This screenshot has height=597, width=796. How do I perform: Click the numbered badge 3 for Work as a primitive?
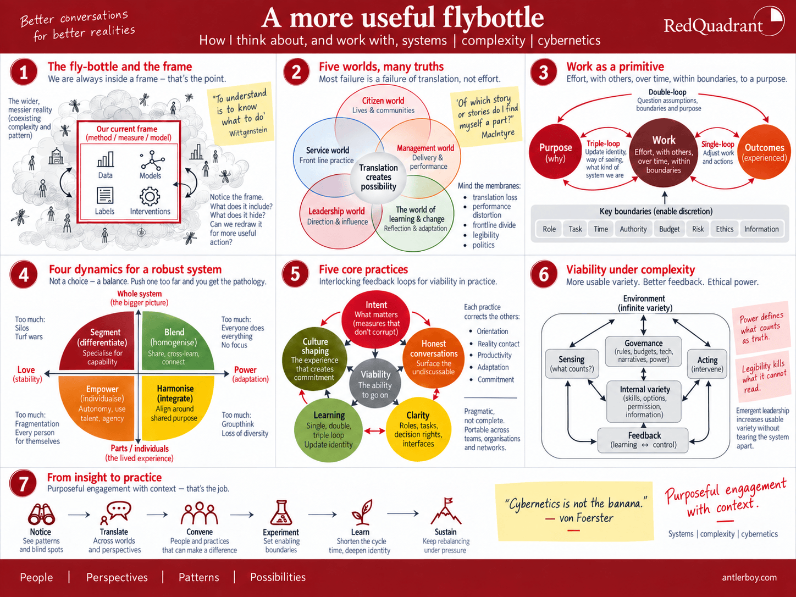[543, 72]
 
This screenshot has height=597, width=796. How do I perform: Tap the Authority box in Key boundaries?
[633, 229]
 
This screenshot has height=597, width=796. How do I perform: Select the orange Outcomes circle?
[764, 152]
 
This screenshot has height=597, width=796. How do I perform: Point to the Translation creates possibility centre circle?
[378, 177]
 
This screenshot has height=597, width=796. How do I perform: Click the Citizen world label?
[383, 101]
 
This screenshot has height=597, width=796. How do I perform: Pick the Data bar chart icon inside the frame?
[106, 159]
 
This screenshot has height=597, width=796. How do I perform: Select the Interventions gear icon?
[150, 197]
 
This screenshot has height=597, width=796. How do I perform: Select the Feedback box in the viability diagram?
[643, 440]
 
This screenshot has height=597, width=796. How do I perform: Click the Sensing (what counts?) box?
[572, 363]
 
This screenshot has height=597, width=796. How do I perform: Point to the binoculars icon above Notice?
[41, 514]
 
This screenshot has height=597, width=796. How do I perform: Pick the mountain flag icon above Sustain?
[446, 511]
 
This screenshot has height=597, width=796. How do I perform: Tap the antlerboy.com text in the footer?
[749, 577]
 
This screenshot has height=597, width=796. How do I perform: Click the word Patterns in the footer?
[199, 577]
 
